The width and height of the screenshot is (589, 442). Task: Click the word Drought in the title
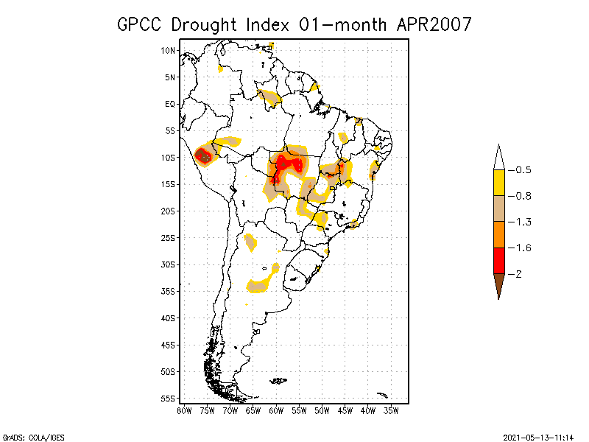point(202,24)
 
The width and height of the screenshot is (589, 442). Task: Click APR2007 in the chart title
point(434,24)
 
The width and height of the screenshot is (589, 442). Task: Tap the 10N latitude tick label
point(168,50)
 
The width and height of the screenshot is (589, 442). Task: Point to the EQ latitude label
point(170,104)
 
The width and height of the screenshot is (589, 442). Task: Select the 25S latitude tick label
point(168,237)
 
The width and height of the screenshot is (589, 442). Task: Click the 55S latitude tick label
point(168,398)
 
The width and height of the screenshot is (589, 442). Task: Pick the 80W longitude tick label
point(184,410)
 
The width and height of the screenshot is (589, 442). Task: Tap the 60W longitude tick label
point(276,410)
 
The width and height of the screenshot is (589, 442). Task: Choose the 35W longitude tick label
point(391,410)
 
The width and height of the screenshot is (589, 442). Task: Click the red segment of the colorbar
point(498,260)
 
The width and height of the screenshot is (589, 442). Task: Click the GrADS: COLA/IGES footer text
point(29,436)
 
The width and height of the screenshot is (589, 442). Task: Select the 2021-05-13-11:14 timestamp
point(539,436)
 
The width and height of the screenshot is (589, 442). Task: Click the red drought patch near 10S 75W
point(202,155)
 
